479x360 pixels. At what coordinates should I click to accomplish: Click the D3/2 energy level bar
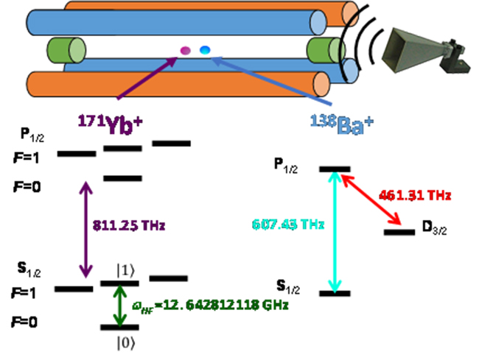click(x=399, y=233)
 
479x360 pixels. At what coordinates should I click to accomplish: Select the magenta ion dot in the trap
click(x=186, y=51)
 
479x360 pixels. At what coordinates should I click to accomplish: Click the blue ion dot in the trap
click(x=205, y=49)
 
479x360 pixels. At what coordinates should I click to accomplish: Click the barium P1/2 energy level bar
click(x=334, y=169)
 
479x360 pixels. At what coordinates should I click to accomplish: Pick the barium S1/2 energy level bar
click(x=334, y=293)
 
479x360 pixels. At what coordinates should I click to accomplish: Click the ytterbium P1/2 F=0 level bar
click(x=122, y=178)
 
